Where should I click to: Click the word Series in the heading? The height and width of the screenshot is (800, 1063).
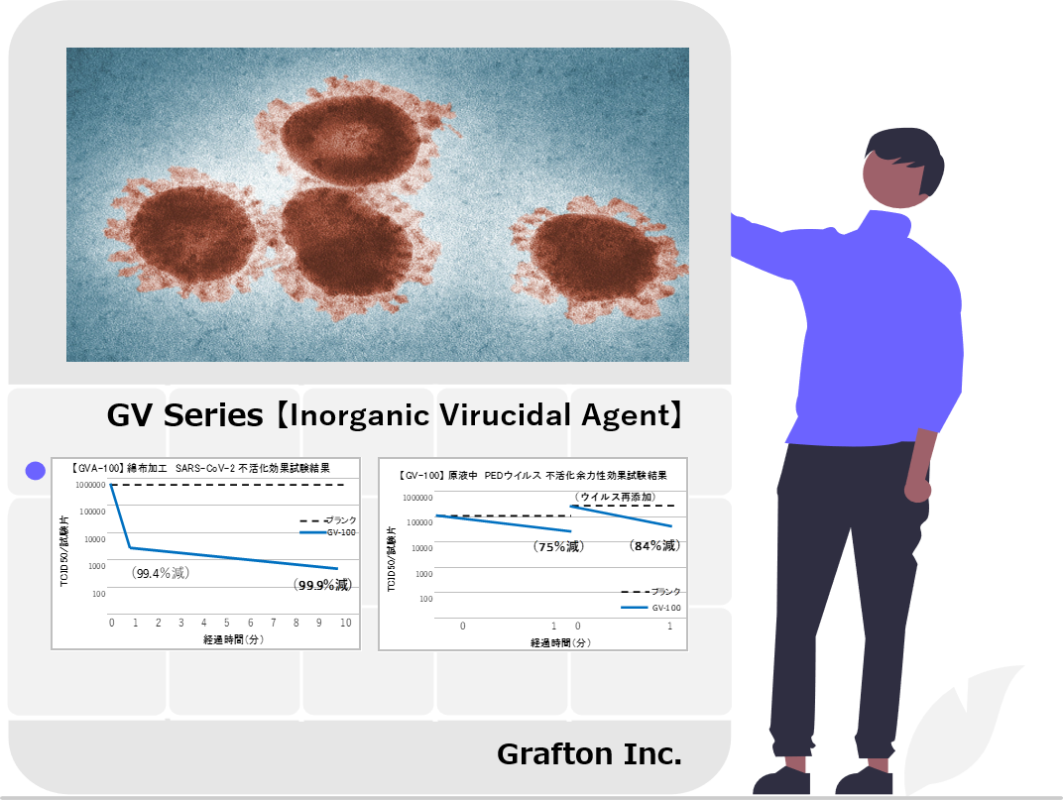coord(213,415)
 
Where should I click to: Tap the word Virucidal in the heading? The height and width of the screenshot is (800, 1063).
coord(505,415)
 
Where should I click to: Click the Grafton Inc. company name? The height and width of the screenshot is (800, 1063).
coord(589,753)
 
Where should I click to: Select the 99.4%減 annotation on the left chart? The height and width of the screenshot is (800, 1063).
coord(161,573)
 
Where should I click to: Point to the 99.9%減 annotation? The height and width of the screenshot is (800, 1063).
coord(323,585)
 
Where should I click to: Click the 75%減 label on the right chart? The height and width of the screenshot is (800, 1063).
coord(558,546)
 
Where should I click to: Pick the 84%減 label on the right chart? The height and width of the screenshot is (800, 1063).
coord(654,546)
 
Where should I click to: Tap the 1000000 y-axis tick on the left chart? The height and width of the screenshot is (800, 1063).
coord(90,486)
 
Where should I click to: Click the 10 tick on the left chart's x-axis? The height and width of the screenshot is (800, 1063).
coord(346,623)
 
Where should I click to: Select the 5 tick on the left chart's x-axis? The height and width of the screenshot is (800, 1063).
coord(226,623)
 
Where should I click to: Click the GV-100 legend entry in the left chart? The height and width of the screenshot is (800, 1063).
coord(328,533)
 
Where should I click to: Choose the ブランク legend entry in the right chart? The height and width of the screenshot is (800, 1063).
coord(650,592)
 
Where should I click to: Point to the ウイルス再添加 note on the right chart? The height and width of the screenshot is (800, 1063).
coord(615,497)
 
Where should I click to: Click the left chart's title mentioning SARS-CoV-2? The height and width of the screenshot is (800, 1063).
coord(200,468)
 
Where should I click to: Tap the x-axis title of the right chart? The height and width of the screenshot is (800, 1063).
coord(560,642)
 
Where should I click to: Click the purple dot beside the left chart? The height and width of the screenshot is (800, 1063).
coord(36,471)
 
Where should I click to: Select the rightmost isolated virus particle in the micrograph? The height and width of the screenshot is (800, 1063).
coord(597,259)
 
